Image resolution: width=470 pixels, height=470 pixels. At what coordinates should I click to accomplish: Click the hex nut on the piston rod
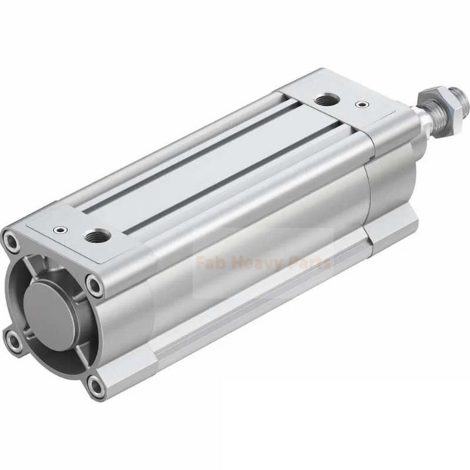click(427, 97)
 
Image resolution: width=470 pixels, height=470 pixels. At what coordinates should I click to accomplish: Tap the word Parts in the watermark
click(311, 262)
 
